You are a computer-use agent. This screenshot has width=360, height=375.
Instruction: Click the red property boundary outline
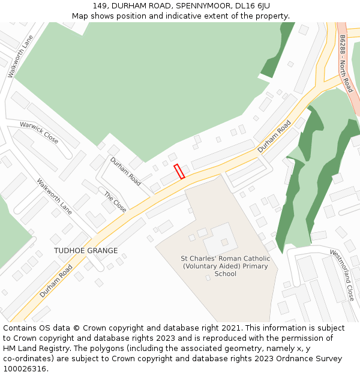[x=179, y=171]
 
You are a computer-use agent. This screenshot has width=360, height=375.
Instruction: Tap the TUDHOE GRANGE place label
[x=86, y=251]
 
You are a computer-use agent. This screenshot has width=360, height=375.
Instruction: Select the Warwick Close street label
[x=39, y=133]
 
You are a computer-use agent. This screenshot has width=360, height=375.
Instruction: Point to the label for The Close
[x=115, y=202]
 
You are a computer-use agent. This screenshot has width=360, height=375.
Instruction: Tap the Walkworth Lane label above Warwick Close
[x=20, y=56]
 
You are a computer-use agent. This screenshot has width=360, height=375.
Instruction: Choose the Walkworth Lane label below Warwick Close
[x=55, y=197]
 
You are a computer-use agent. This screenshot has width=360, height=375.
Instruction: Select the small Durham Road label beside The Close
[x=125, y=171]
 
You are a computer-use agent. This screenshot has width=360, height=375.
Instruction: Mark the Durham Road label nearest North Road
[x=274, y=136]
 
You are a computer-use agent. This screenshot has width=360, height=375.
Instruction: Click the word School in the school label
[x=226, y=274]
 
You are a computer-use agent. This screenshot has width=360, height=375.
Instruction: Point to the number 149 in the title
[x=100, y=5]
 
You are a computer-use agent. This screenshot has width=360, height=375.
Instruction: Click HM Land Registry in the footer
[x=31, y=348]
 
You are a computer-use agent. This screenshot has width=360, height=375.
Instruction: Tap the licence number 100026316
[x=24, y=368]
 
